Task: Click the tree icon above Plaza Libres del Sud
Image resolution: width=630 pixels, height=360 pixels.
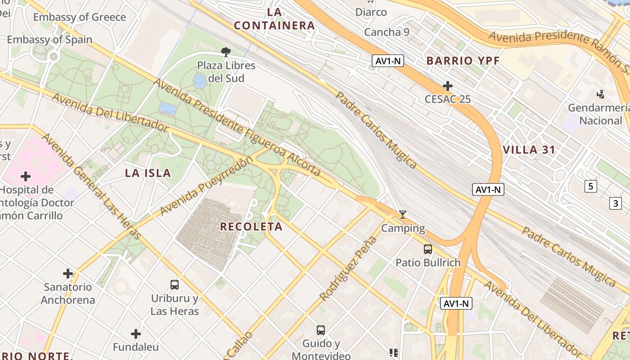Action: (x=226, y=52)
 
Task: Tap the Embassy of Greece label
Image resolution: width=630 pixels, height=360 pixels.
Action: (x=79, y=17)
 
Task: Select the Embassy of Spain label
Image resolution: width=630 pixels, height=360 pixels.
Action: (x=49, y=40)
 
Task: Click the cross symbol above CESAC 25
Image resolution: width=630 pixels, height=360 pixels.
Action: (x=447, y=85)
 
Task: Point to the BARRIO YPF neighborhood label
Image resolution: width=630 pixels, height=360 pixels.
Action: (x=463, y=61)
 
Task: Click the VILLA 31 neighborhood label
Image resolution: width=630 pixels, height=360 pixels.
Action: (x=529, y=150)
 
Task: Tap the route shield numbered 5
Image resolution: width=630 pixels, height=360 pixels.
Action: (x=590, y=186)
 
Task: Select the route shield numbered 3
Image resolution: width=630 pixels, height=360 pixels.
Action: (x=616, y=203)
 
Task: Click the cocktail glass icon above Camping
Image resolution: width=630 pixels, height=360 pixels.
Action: (x=403, y=215)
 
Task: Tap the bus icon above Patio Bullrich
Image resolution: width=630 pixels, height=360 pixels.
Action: (x=427, y=249)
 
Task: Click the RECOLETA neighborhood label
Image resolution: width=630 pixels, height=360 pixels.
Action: (x=251, y=226)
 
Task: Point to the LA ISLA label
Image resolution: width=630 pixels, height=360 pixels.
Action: (x=148, y=173)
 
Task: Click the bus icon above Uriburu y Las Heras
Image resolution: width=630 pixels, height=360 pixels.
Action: (x=175, y=284)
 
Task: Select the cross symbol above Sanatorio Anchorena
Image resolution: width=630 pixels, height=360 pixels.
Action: (x=68, y=273)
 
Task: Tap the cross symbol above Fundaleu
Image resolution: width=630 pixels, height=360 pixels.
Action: (x=136, y=333)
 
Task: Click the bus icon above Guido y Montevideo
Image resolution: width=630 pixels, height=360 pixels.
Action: (x=320, y=330)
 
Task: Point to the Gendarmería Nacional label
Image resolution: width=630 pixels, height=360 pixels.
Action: (x=600, y=114)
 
